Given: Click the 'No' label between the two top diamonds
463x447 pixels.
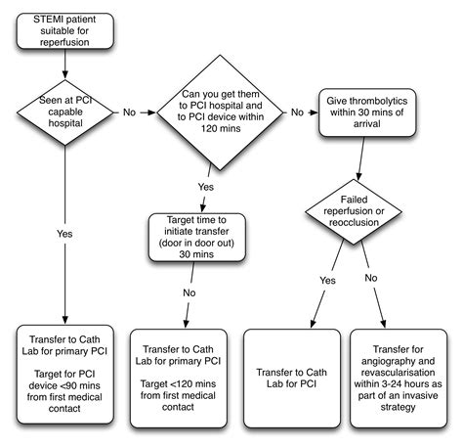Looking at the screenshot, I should pos(128,112).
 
